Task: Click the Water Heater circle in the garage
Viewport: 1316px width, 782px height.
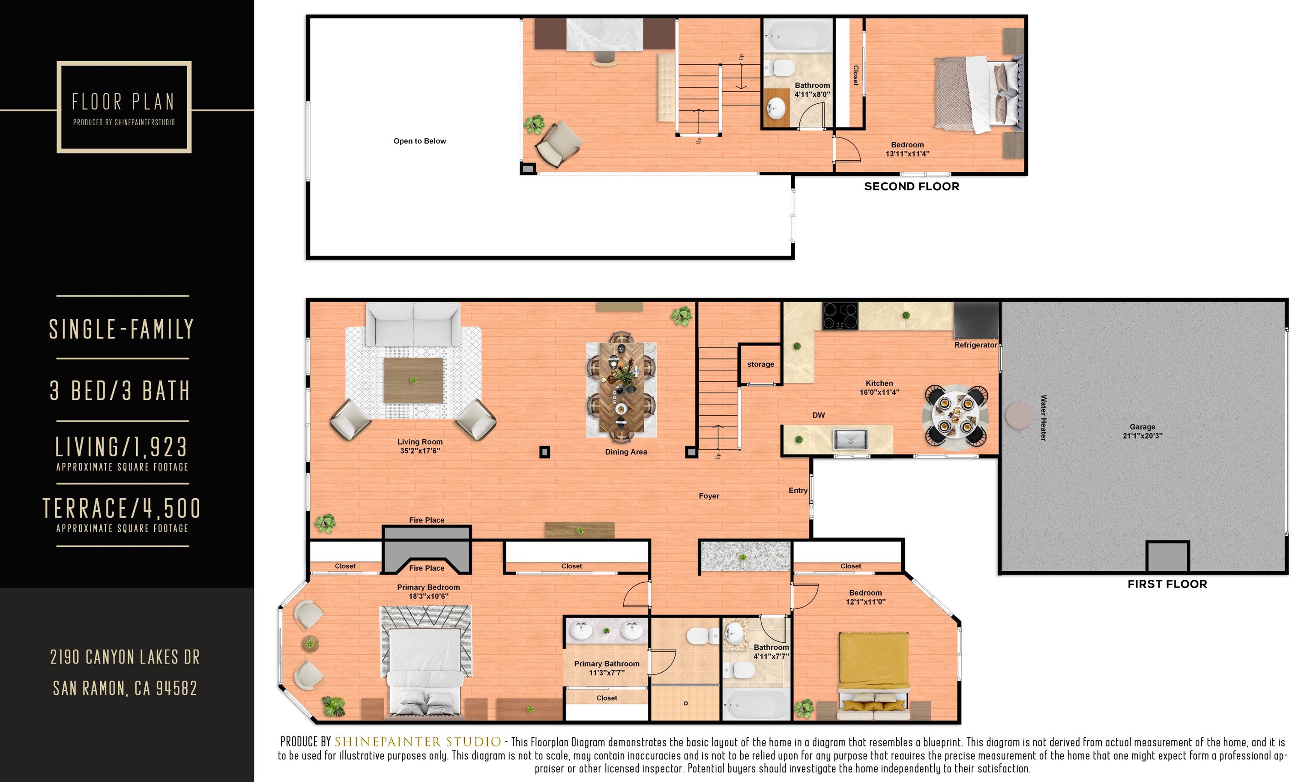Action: point(1018,415)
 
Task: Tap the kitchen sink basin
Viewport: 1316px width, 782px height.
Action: point(850,439)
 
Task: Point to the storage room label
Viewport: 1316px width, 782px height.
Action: point(760,364)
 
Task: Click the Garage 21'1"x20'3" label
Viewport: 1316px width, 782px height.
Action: point(1142,431)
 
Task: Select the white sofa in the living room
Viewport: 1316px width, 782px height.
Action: point(413,324)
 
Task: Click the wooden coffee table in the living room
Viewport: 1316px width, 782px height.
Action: point(413,380)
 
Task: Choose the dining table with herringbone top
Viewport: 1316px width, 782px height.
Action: point(622,387)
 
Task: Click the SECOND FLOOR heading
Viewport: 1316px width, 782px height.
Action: point(912,186)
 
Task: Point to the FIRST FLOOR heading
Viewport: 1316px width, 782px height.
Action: point(1167,584)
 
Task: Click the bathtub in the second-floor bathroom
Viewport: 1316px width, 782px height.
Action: point(797,35)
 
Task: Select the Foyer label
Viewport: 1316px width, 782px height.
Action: point(709,496)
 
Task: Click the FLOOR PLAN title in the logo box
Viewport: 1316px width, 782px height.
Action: point(123,101)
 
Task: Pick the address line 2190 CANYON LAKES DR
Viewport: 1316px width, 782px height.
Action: point(125,657)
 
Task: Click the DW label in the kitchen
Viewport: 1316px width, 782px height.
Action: point(818,415)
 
